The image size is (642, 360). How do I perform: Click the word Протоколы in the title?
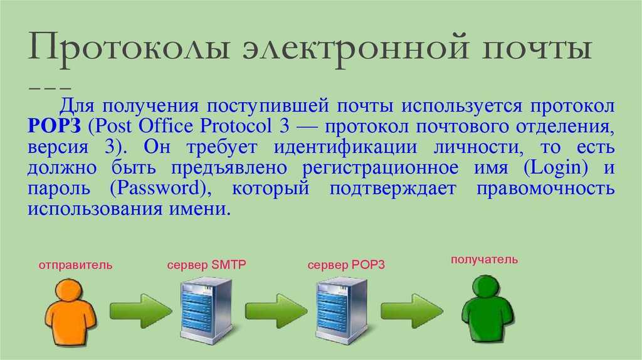pyautogui.click(x=128, y=48)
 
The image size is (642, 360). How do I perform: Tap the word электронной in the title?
pyautogui.click(x=355, y=48)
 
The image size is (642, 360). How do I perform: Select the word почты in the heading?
pyautogui.click(x=536, y=48)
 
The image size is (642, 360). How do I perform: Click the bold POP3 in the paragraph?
pyautogui.click(x=54, y=126)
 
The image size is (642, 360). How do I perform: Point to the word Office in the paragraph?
pyautogui.click(x=166, y=125)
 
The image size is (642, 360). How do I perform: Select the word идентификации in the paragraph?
pyautogui.click(x=345, y=147)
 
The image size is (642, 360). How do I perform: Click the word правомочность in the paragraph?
pyautogui.click(x=545, y=189)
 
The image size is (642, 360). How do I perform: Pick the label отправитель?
pyautogui.click(x=75, y=265)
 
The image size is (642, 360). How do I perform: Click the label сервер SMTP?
pyautogui.click(x=206, y=265)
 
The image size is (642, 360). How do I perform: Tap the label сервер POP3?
pyautogui.click(x=346, y=265)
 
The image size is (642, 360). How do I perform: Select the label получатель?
pyautogui.click(x=485, y=260)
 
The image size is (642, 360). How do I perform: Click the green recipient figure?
pyautogui.click(x=488, y=308)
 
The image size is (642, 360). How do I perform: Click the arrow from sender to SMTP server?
pyautogui.click(x=141, y=311)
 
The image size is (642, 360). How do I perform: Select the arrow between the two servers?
pyautogui.click(x=276, y=311)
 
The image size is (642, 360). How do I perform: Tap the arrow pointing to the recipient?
pyautogui.click(x=412, y=311)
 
